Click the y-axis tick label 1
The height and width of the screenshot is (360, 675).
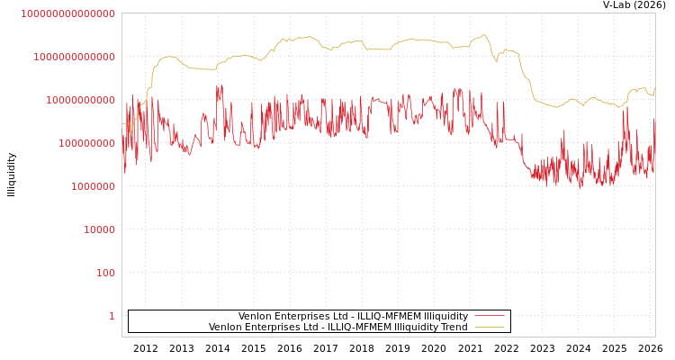click(x=112, y=316)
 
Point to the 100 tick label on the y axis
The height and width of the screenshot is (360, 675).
click(x=105, y=273)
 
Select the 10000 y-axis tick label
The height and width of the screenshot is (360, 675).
click(x=99, y=229)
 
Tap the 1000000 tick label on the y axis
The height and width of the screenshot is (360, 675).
click(x=93, y=186)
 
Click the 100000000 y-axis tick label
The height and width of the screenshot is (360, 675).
click(x=86, y=143)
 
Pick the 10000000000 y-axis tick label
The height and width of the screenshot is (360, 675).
click(x=80, y=100)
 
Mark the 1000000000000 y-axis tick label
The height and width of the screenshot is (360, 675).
click(x=74, y=57)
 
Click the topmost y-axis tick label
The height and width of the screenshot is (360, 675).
click(x=67, y=13)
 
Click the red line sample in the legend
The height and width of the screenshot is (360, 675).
click(x=489, y=316)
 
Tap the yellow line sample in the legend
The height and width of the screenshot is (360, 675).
click(x=489, y=327)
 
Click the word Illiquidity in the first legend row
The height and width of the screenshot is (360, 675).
click(x=446, y=317)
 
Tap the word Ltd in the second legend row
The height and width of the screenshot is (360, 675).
click(x=310, y=328)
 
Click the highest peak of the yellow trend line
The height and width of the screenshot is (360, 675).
click(x=484, y=34)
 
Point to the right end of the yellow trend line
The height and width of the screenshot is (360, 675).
click(x=654, y=87)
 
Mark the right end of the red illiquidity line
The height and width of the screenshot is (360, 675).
click(x=654, y=118)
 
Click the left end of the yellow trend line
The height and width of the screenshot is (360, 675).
click(x=123, y=123)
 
